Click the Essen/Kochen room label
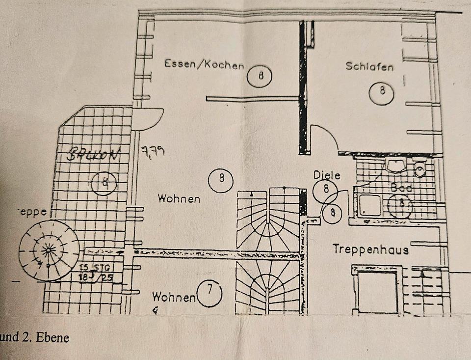(204, 64)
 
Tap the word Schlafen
(369, 66)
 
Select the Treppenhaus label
(370, 249)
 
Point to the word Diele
(327, 175)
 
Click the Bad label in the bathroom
(401, 187)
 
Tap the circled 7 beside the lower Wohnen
(209, 293)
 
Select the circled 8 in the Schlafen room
(382, 92)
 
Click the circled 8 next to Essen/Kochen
(260, 75)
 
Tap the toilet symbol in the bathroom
(419, 170)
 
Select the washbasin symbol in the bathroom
(395, 165)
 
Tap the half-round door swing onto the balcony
(147, 118)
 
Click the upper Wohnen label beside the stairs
(179, 199)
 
